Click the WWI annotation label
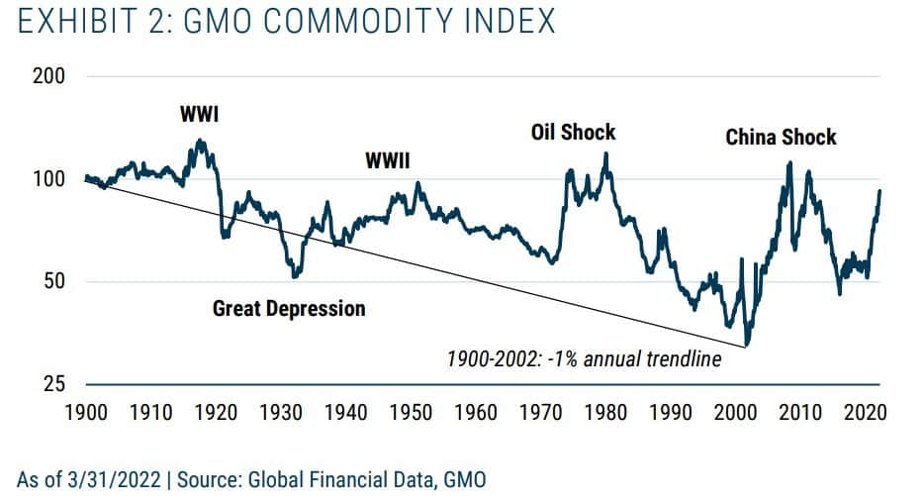coord(199,114)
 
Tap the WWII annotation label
coord(388,160)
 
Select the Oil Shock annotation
coord(574,132)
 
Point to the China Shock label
coord(781,138)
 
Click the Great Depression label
coord(289,309)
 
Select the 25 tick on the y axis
coord(54,384)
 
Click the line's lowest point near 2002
coord(747,345)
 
